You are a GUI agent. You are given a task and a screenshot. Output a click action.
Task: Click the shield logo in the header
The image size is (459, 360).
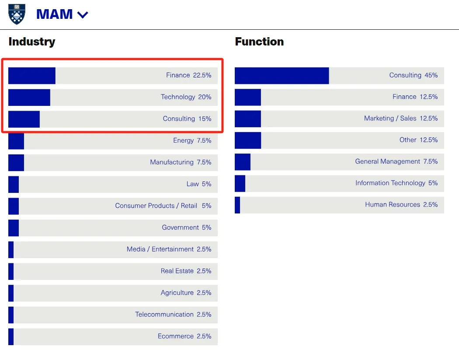(17, 14)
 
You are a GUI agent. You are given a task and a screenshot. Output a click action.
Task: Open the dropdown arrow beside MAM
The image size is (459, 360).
(83, 15)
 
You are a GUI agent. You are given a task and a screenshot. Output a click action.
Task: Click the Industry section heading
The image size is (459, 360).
(32, 42)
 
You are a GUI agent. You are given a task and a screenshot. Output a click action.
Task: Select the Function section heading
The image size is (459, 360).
(259, 42)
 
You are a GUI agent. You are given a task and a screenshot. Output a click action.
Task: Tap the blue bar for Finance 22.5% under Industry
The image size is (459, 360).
(31, 76)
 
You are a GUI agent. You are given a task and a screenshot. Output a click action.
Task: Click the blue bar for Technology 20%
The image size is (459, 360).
(29, 97)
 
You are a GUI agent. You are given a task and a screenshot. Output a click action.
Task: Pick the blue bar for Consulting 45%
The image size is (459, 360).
(282, 76)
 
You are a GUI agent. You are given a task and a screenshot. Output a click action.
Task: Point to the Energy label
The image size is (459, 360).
(183, 140)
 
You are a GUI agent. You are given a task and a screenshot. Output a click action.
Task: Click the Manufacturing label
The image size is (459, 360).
(171, 162)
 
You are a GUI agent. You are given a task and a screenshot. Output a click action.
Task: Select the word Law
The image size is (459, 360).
(192, 184)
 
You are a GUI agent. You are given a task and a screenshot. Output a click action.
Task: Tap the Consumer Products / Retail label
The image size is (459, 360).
(156, 206)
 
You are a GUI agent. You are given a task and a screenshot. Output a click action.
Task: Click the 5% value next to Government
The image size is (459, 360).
(206, 227)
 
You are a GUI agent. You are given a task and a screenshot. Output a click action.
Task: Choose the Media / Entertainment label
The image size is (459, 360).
(160, 249)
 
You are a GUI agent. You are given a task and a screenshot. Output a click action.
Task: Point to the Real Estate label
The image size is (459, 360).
(177, 271)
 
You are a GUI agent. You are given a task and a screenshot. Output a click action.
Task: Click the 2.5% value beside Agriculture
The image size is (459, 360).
(204, 293)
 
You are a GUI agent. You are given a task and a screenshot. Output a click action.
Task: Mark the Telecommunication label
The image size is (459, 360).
(164, 315)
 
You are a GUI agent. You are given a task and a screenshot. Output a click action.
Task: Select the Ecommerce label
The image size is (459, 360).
(175, 336)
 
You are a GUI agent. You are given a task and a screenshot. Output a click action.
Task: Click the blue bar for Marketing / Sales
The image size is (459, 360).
(247, 119)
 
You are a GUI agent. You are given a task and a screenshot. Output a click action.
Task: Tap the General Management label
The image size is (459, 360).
(387, 161)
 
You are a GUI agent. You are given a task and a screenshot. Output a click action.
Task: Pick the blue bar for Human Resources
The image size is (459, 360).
(237, 205)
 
